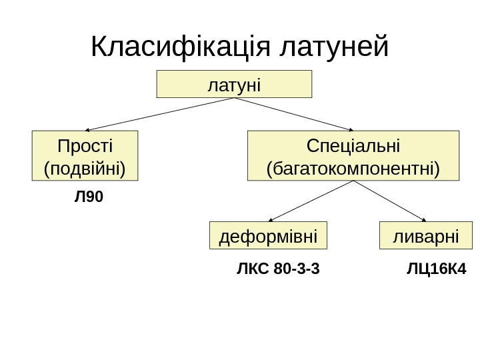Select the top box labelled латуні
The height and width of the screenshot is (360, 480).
pos(234,84)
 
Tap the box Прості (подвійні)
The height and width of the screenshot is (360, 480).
pos(85,156)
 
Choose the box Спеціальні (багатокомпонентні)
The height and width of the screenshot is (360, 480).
pos(353,156)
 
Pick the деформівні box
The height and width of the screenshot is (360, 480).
pos(269,235)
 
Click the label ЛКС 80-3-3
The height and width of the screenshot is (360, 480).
pos(278,269)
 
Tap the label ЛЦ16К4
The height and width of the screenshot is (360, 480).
pos(436,269)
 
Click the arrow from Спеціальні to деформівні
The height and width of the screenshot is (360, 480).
pos(312,201)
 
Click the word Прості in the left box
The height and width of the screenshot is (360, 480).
pos(85,145)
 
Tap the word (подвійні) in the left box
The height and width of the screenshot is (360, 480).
pos(85,167)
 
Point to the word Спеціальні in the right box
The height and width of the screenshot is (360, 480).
pos(353,145)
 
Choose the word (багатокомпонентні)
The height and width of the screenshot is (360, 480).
pos(353,167)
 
